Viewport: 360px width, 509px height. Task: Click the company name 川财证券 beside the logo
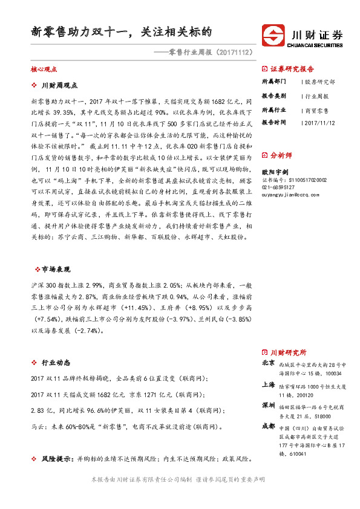[x=316, y=33]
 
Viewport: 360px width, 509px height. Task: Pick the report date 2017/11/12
[x=319, y=122]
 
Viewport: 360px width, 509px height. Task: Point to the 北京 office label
[x=268, y=363]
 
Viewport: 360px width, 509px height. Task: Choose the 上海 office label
[x=268, y=385]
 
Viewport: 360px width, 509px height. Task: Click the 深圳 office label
[x=268, y=404]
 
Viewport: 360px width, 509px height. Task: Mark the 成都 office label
[x=268, y=426]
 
